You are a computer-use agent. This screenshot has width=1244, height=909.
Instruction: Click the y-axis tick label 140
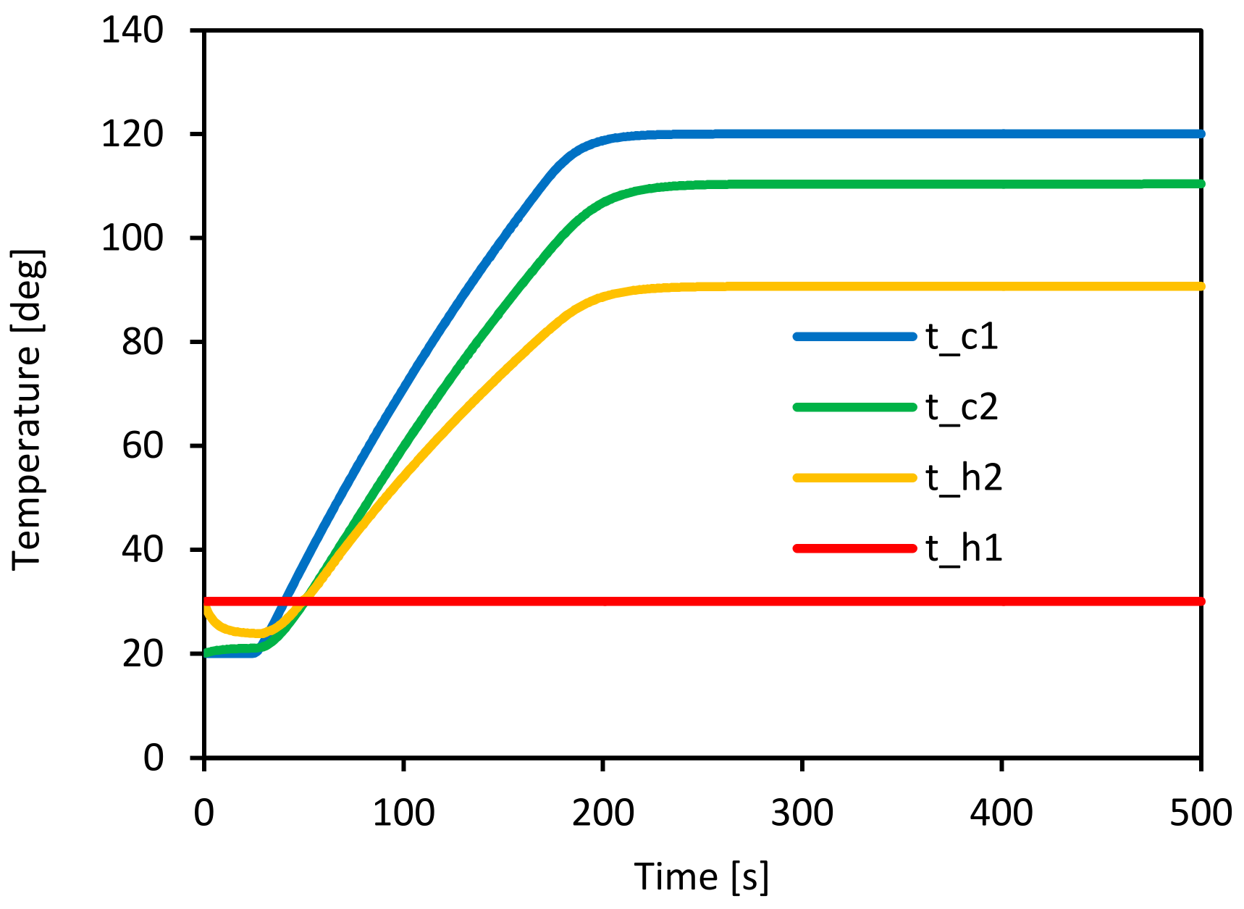[132, 31]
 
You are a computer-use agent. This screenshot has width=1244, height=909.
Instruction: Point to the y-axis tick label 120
[132, 135]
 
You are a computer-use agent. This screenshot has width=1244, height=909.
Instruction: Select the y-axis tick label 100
[132, 238]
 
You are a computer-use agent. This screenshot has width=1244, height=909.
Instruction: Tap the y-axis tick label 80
[142, 342]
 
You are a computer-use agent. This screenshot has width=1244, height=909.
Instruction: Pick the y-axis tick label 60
[142, 445]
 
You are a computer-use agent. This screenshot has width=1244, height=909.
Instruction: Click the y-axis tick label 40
[142, 550]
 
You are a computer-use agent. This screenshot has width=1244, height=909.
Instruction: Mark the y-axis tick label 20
[142, 654]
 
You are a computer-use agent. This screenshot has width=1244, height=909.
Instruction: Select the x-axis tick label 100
[403, 813]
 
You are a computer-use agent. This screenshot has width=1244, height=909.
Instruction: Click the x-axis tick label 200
[602, 813]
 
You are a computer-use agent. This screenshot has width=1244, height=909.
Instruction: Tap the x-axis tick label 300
[802, 813]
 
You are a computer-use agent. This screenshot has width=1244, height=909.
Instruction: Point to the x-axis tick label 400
[1001, 813]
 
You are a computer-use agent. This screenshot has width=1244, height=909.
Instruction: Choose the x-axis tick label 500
[1201, 813]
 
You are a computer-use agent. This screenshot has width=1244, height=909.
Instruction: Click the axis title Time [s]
[701, 877]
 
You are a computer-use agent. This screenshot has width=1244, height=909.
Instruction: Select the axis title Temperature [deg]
[28, 409]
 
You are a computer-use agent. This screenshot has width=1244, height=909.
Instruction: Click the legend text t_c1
[962, 337]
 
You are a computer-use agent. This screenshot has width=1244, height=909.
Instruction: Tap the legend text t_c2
[962, 407]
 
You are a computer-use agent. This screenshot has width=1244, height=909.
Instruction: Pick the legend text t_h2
[964, 478]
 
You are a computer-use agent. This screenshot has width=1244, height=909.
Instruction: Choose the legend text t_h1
[964, 548]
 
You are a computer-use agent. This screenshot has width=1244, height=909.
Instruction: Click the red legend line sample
[854, 548]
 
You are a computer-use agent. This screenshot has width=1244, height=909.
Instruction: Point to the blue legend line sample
[854, 337]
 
